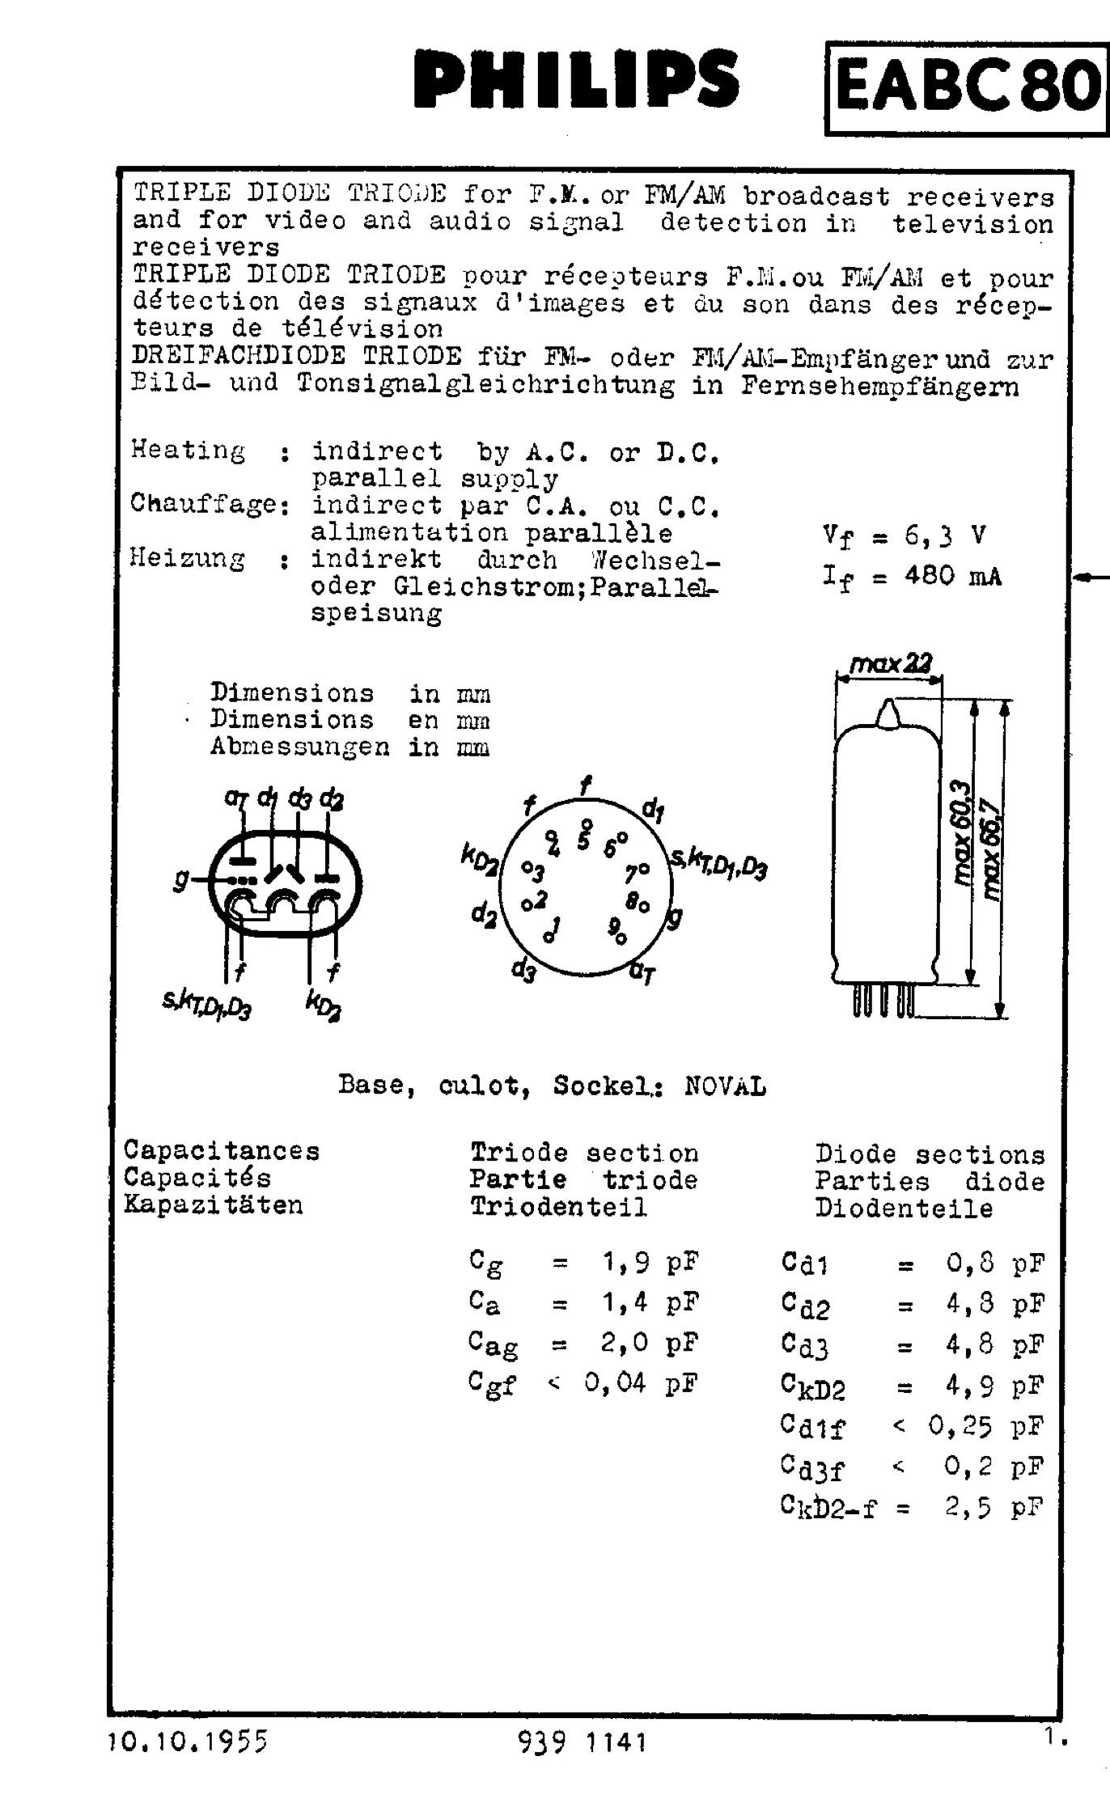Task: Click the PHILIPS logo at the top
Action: [576, 79]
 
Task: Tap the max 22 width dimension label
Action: [891, 665]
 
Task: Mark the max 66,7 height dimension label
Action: [992, 849]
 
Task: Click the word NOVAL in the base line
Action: [725, 1086]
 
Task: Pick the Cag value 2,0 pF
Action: [649, 1343]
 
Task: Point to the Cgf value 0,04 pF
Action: [640, 1383]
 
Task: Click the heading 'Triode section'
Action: [584, 1153]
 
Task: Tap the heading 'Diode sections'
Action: [930, 1154]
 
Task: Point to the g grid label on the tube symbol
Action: [180, 880]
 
